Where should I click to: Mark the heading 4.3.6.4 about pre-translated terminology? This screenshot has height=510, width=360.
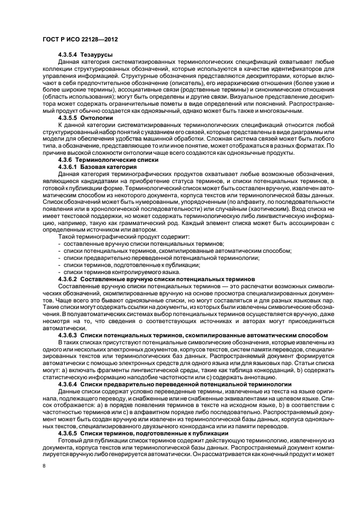pos(174,384)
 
